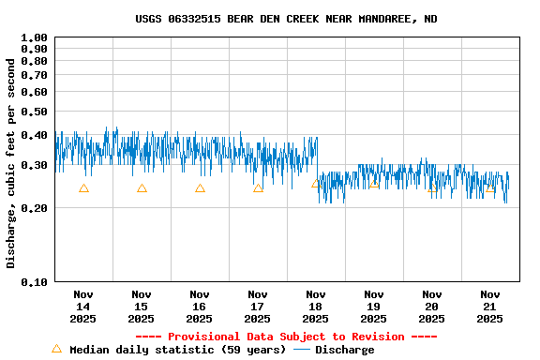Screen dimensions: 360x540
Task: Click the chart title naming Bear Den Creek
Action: (x=286, y=19)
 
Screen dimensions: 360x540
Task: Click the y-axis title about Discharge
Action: (x=11, y=163)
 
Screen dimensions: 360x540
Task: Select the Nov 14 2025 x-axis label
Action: (x=83, y=306)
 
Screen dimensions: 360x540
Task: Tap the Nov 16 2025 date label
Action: (x=200, y=306)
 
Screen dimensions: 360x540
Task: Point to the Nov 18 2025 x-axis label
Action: (x=316, y=306)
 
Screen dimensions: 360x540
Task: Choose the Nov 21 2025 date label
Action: (x=489, y=306)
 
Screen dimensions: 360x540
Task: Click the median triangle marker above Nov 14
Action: (x=83, y=188)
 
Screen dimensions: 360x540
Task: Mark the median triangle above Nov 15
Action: (x=142, y=188)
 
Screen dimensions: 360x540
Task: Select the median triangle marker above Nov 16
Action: (x=200, y=188)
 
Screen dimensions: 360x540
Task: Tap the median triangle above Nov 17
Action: (x=258, y=188)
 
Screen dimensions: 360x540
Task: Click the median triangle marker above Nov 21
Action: (x=489, y=188)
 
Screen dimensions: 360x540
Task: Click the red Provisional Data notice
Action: (x=286, y=337)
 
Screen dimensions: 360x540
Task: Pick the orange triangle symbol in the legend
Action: (x=56, y=349)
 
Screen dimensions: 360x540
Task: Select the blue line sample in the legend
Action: (x=302, y=350)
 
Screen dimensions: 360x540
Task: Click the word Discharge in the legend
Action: (x=344, y=350)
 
